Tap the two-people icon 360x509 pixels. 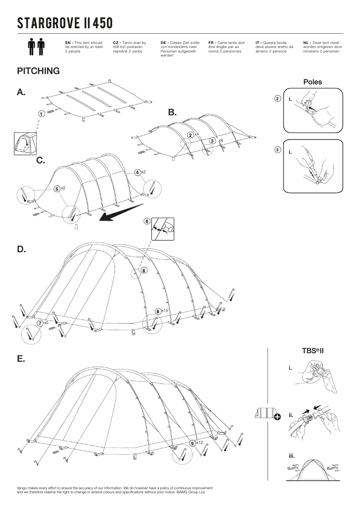click(37, 47)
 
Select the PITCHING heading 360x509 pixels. click(38, 71)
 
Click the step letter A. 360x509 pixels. click(21, 92)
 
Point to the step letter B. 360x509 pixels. click(172, 113)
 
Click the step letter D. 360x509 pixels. click(21, 249)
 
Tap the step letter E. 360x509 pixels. click(21, 359)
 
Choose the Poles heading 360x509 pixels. click(312, 82)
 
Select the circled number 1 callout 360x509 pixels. click(41, 114)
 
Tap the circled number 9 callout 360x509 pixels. click(192, 443)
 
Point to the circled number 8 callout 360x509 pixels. click(158, 311)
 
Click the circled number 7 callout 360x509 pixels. click(40, 322)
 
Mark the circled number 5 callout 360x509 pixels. click(57, 189)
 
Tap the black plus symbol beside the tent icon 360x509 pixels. click(277, 417)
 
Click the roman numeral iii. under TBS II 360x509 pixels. click(292, 456)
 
